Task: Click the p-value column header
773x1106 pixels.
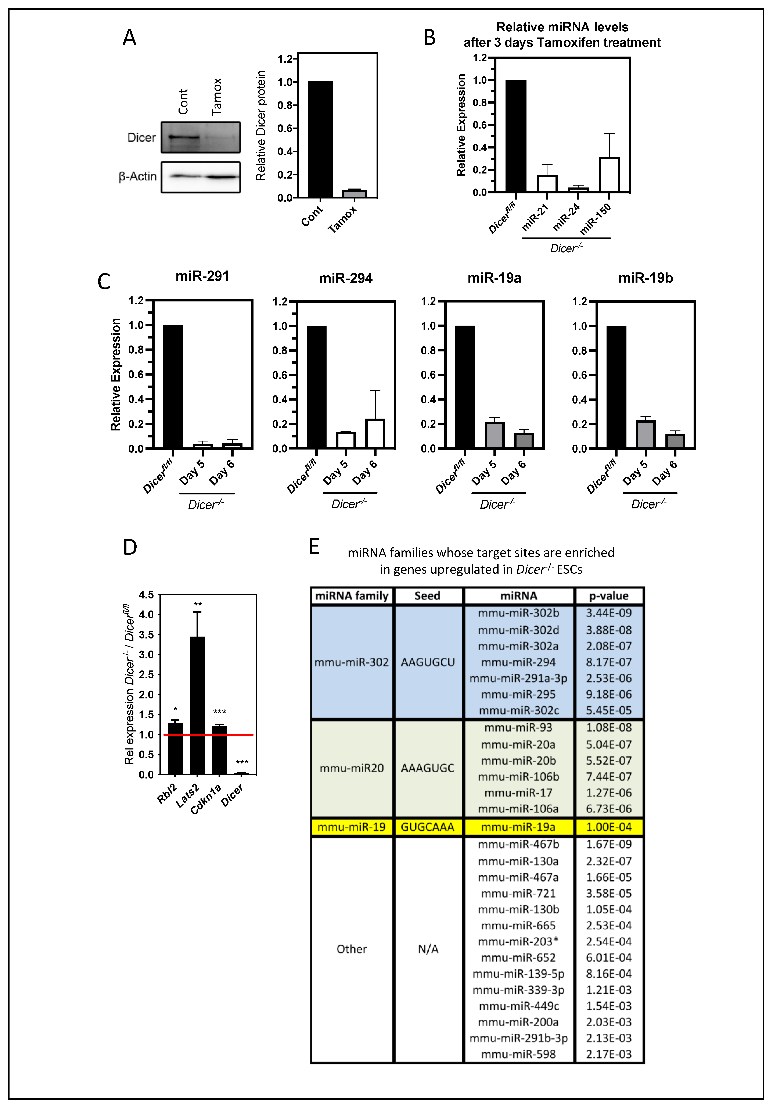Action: pyautogui.click(x=609, y=596)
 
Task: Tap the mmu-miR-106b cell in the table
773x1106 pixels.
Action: pyautogui.click(x=518, y=777)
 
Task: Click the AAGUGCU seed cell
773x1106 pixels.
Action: pyautogui.click(x=428, y=662)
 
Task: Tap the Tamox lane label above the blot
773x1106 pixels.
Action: pyautogui.click(x=217, y=96)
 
